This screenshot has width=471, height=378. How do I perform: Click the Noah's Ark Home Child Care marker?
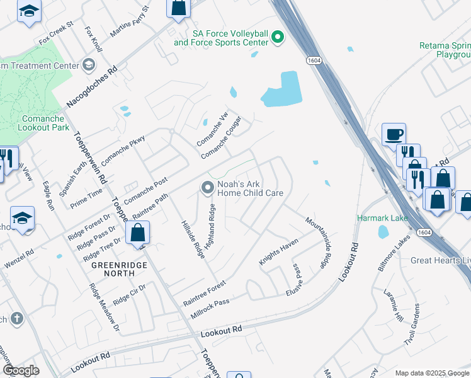(x=207, y=188)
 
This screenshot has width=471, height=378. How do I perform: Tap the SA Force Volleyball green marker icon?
(x=278, y=38)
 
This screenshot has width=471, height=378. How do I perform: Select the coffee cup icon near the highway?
(x=394, y=134)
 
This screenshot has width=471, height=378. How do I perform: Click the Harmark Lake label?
(x=383, y=219)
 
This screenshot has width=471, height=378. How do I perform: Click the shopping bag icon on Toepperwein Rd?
(x=137, y=232)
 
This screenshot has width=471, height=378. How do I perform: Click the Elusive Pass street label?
(x=295, y=279)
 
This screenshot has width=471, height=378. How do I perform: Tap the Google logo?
(x=21, y=370)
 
